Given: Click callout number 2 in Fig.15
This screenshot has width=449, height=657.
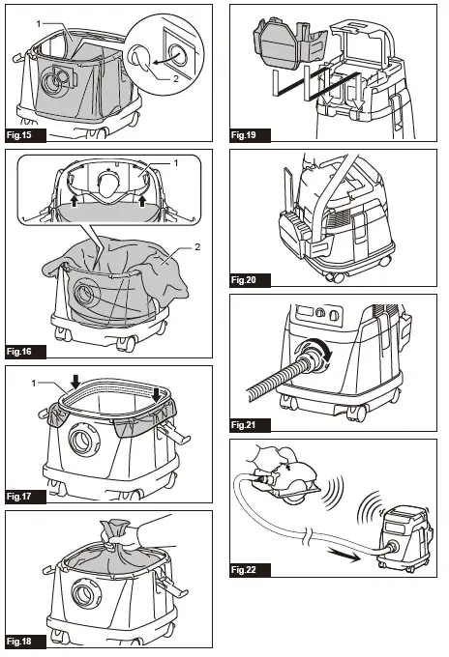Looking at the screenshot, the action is [x=176, y=79].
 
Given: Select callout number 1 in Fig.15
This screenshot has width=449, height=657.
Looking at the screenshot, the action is [x=39, y=24].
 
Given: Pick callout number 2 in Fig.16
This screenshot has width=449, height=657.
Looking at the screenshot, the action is [x=196, y=247].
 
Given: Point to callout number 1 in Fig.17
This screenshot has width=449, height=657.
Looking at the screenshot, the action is [x=34, y=383].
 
